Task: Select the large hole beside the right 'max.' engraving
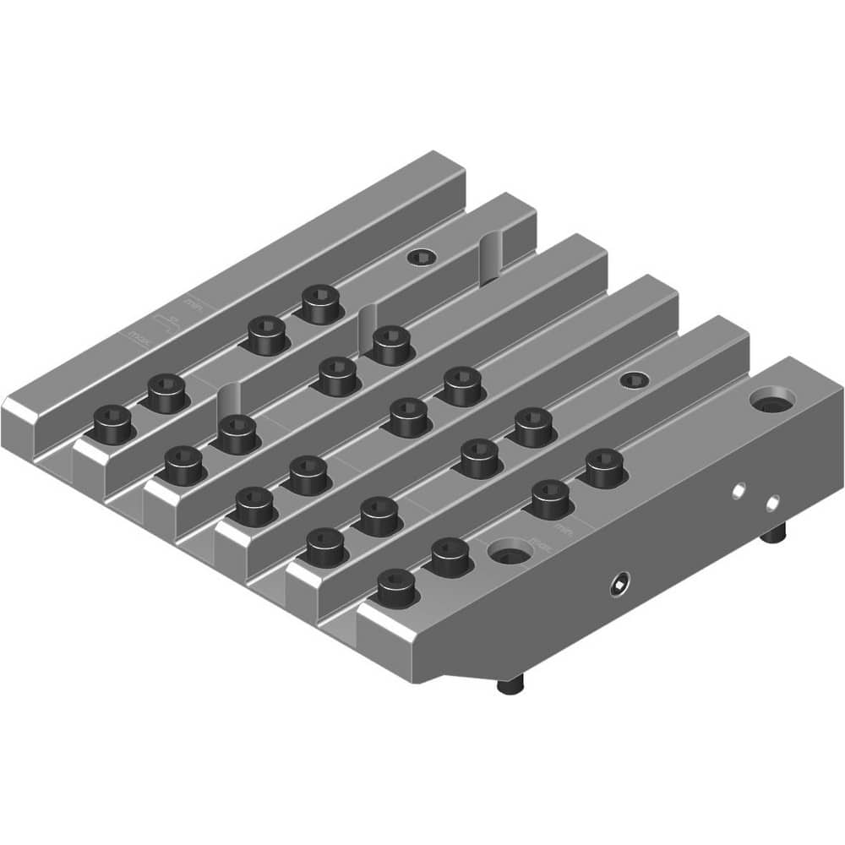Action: pyautogui.click(x=510, y=554)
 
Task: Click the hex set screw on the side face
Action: pyautogui.click(x=621, y=584)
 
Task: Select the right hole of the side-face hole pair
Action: pyautogui.click(x=771, y=504)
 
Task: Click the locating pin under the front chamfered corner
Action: pyautogui.click(x=510, y=685)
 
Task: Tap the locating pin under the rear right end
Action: pyautogui.click(x=775, y=534)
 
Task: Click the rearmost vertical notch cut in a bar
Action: pyautogui.click(x=491, y=253)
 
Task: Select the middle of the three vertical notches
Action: pyautogui.click(x=366, y=324)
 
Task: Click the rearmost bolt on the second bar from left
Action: pyautogui.click(x=321, y=303)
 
